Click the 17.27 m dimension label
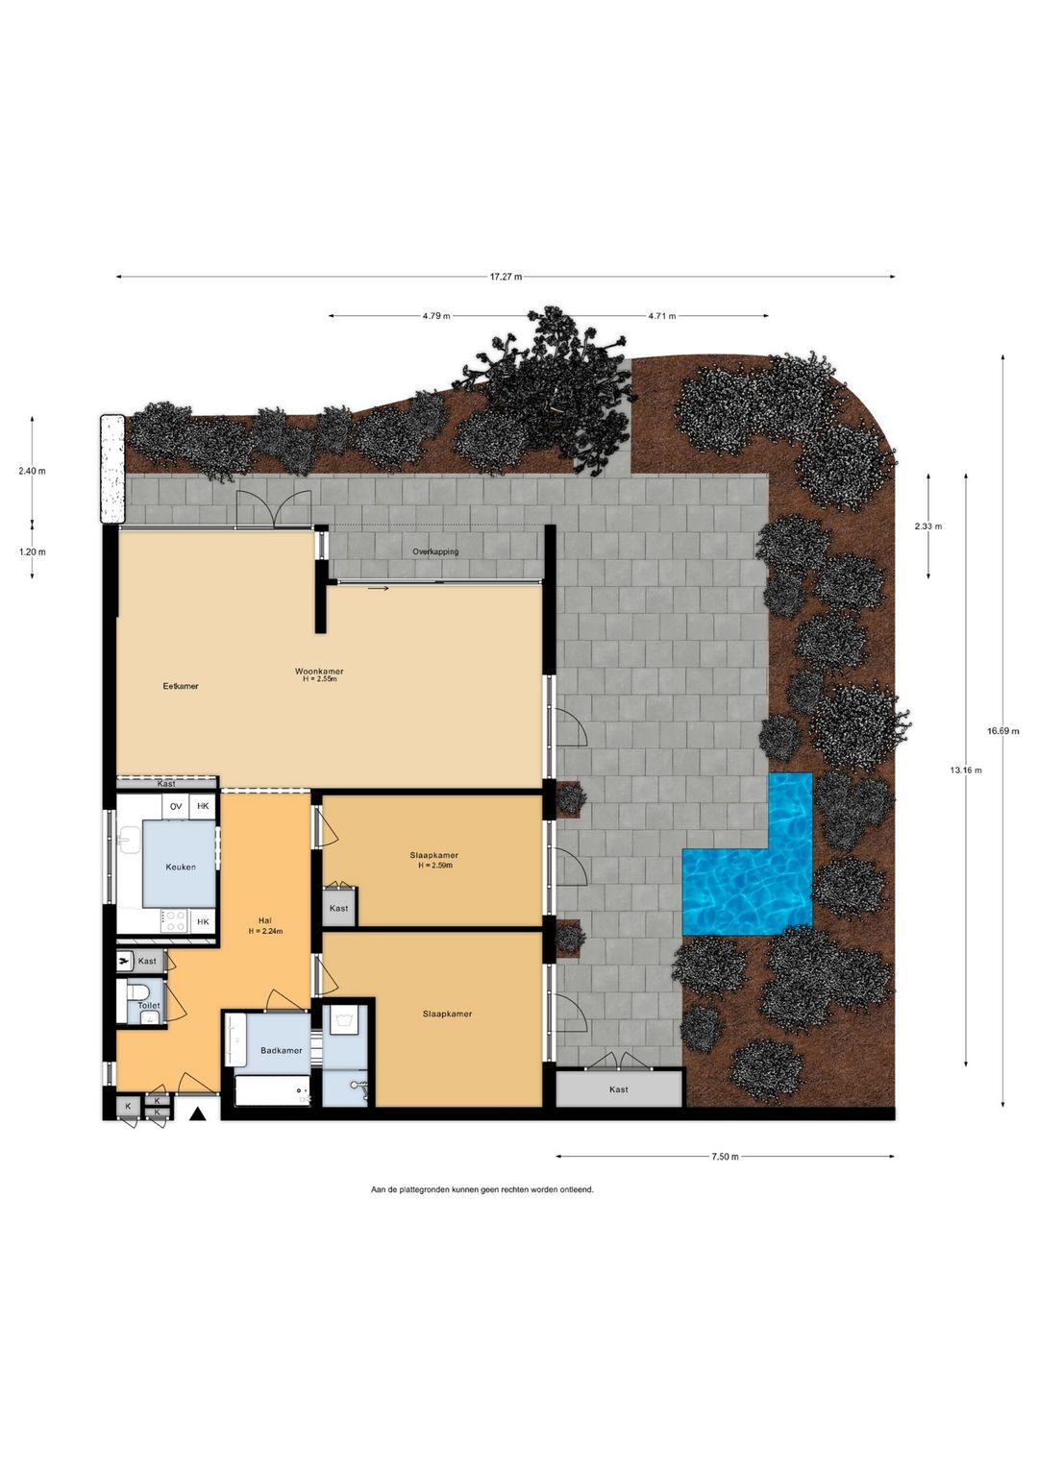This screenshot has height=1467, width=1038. click(x=506, y=277)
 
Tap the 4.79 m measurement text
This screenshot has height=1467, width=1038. click(x=436, y=316)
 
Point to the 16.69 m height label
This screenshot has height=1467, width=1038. click(x=1003, y=731)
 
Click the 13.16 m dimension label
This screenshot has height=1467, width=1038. click(x=966, y=770)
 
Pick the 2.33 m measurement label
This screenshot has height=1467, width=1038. click(x=928, y=526)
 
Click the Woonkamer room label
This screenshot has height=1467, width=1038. click(x=319, y=672)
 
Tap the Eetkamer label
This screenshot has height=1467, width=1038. click(x=181, y=686)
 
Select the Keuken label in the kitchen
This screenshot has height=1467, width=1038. click(x=181, y=868)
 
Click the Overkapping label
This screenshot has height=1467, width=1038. click(x=435, y=551)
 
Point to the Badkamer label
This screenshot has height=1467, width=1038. click(x=281, y=1050)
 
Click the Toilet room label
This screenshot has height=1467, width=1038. click(x=149, y=1005)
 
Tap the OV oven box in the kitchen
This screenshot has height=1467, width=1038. click(x=176, y=806)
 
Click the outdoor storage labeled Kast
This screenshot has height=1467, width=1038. click(x=619, y=1088)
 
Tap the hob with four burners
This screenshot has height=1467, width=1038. click(x=175, y=920)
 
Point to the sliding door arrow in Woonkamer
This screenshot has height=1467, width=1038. click(x=379, y=588)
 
